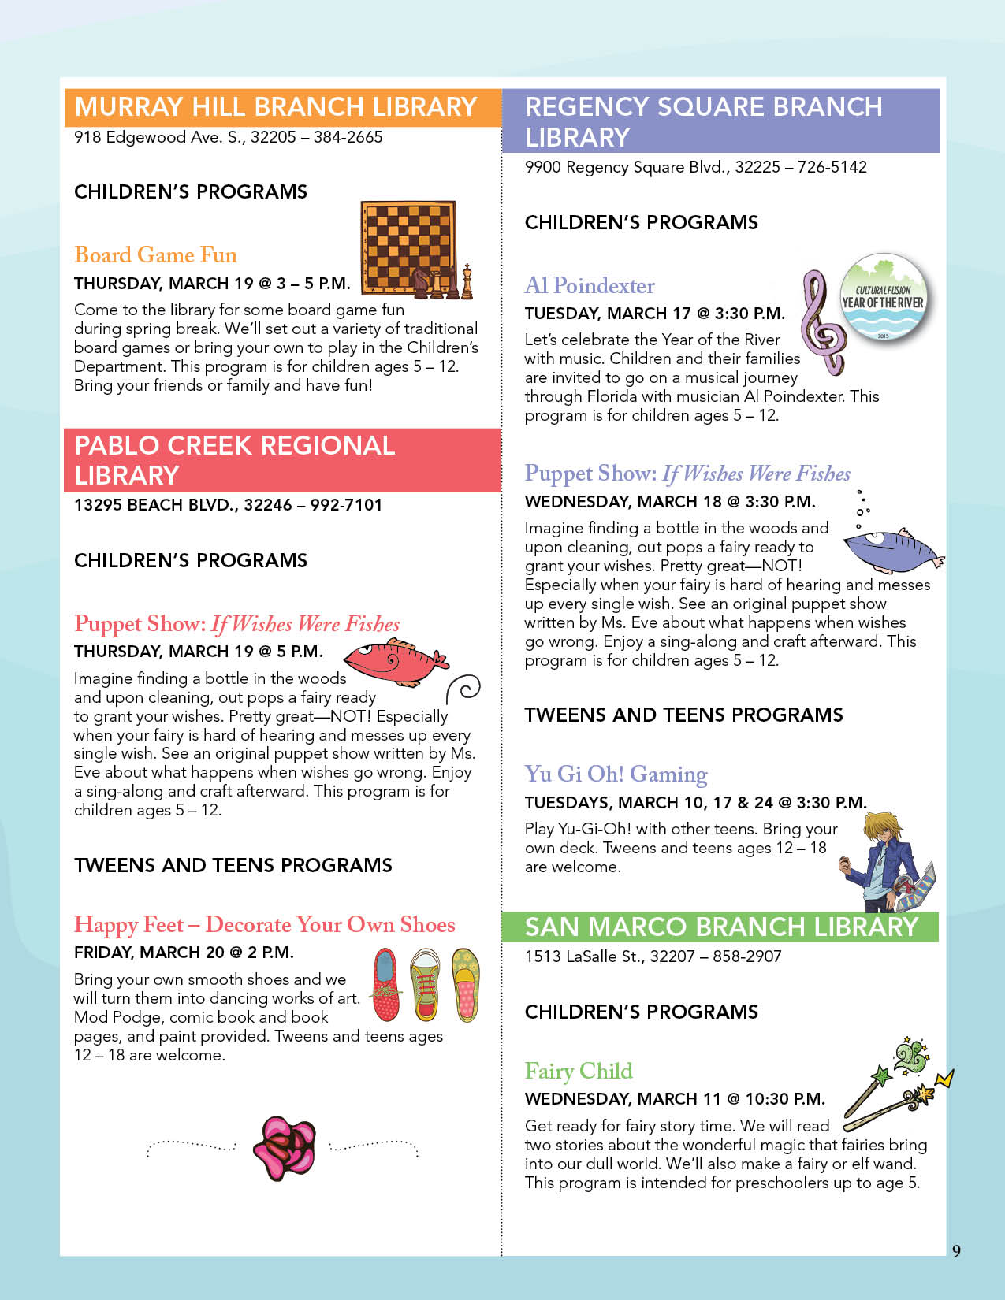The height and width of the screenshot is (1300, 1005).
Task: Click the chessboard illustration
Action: click(408, 246)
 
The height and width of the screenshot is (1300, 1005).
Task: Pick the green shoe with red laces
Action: click(426, 985)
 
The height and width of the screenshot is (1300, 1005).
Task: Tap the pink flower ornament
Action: click(284, 1148)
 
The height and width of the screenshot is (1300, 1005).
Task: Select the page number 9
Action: click(956, 1251)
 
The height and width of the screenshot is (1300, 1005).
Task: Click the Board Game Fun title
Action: click(155, 255)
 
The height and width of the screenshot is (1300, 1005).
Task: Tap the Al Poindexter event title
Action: click(590, 285)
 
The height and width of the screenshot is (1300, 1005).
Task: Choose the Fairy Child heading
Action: click(579, 1071)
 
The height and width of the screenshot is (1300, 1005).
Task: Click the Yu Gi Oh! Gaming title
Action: click(616, 774)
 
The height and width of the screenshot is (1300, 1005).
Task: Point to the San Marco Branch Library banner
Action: click(720, 927)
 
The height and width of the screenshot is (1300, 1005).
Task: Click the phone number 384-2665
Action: click(348, 137)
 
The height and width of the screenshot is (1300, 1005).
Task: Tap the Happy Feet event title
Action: click(264, 924)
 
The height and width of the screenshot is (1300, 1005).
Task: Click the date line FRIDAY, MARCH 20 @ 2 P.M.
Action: click(184, 953)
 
